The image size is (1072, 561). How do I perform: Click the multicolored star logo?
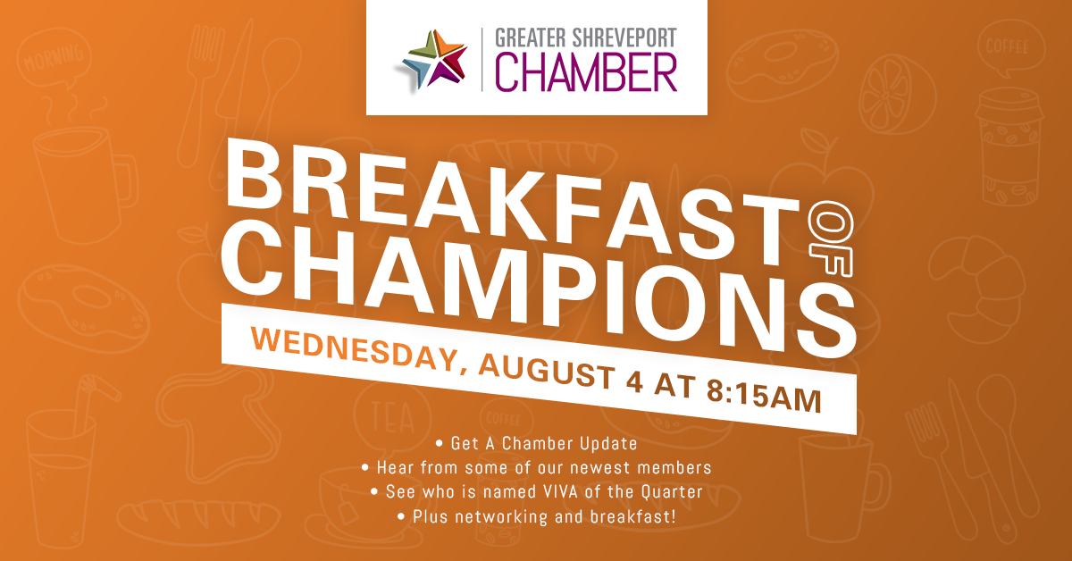(x=434, y=60)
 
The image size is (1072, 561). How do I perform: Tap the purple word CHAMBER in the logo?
(x=586, y=72)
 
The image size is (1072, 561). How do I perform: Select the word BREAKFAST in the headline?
(x=512, y=205)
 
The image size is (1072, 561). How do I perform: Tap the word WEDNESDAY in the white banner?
(x=355, y=349)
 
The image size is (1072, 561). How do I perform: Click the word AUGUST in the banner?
(x=547, y=372)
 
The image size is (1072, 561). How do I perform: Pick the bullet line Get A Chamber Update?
(x=537, y=443)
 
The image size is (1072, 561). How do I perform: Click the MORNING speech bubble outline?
(x=54, y=57)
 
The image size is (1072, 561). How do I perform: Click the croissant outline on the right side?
(x=977, y=289)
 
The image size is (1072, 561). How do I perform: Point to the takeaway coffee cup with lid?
(x=1009, y=147)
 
